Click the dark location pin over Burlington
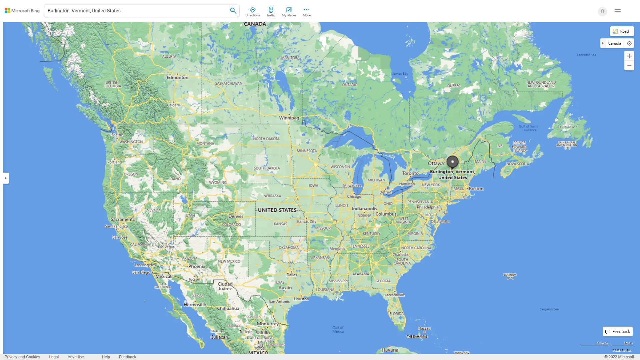452,162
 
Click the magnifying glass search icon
233,11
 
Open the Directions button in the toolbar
252,12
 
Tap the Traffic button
271,12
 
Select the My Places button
289,12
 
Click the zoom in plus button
629,56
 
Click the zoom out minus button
629,66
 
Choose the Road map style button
622,31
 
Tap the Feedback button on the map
618,332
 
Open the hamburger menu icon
618,11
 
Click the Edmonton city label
177,77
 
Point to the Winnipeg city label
289,118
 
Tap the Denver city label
236,216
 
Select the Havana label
390,350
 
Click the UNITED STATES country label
277,210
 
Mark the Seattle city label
117,135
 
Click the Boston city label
476,189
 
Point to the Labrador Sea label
586,55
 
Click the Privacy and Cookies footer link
22,357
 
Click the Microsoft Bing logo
22,11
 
